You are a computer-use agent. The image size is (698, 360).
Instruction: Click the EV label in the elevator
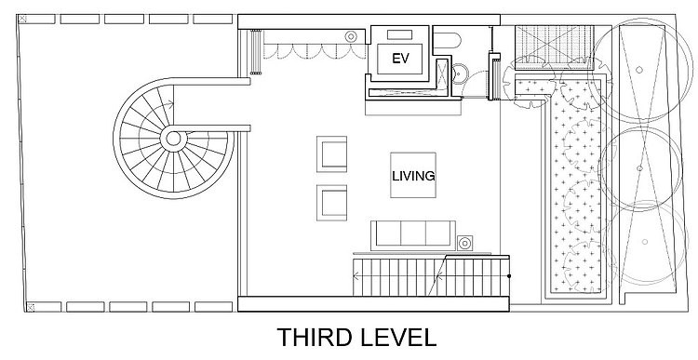(400, 59)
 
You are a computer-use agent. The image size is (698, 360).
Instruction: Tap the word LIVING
(413, 176)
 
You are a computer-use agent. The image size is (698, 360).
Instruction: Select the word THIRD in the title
(313, 338)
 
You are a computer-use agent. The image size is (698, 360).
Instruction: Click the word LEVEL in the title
(396, 338)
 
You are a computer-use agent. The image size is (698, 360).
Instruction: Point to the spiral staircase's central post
(173, 139)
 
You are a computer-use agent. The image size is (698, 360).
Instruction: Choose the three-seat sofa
(413, 235)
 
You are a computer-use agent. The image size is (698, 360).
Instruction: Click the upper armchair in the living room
(331, 154)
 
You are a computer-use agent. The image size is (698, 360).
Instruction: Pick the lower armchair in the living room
(331, 203)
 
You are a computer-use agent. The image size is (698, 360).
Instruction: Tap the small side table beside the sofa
(464, 243)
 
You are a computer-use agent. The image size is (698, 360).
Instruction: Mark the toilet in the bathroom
(447, 41)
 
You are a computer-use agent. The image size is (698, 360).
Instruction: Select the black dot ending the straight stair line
(509, 276)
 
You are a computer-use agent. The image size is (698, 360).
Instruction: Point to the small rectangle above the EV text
(399, 34)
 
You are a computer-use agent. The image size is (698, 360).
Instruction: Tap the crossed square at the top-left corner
(22, 19)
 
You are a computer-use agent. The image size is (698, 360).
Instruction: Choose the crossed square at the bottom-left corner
(31, 307)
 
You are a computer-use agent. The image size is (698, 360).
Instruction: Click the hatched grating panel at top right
(555, 47)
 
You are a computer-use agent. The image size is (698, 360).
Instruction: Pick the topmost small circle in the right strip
(638, 70)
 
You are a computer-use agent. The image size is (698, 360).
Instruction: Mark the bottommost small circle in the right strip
(645, 242)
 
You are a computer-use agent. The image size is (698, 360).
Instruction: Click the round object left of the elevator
(351, 37)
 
